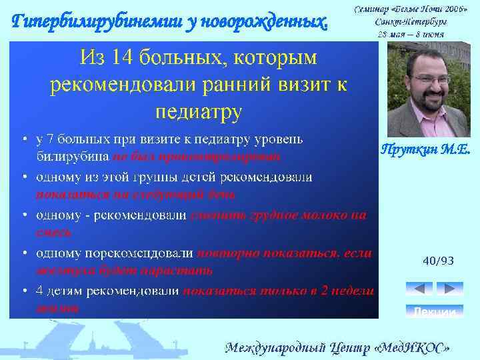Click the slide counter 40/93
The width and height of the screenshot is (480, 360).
pyautogui.click(x=438, y=261)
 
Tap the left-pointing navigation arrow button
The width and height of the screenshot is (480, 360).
pyautogui.click(x=419, y=289)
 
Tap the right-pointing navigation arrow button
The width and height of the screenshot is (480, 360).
pyautogui.click(x=449, y=289)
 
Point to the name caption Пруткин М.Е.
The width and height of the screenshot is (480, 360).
pyautogui.click(x=425, y=150)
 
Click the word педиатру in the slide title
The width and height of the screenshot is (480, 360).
pyautogui.click(x=197, y=110)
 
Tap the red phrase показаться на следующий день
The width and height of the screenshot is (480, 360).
pyautogui.click(x=135, y=194)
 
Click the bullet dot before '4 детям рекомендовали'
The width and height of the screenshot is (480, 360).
pyautogui.click(x=24, y=291)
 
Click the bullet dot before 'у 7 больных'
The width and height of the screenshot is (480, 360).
pyautogui.click(x=24, y=139)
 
